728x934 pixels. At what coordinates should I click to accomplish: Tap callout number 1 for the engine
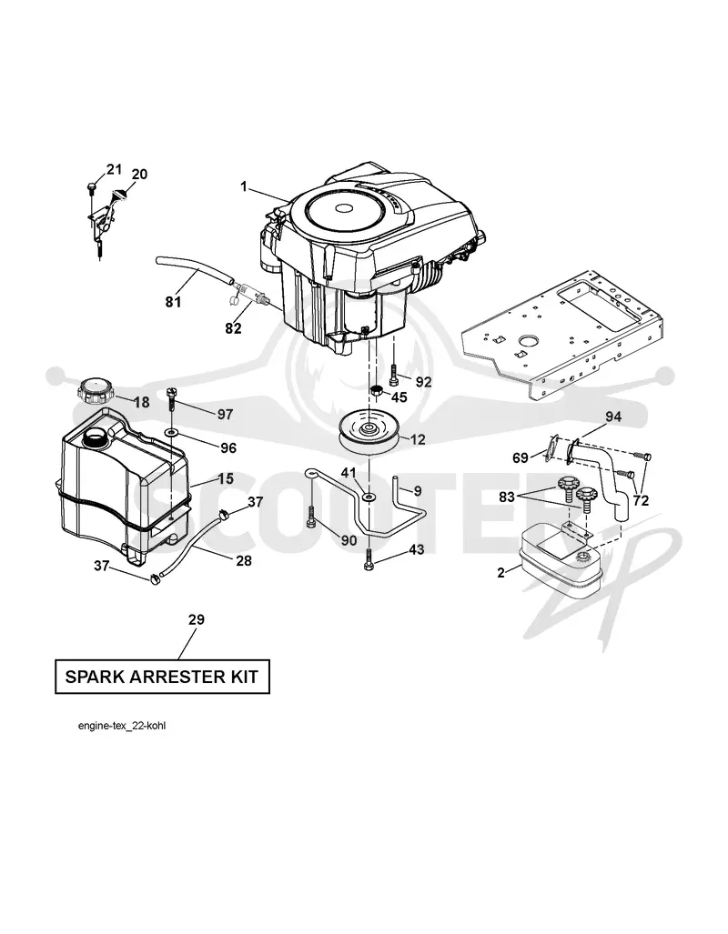pyautogui.click(x=244, y=186)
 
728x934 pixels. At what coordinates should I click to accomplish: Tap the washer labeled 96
pyautogui.click(x=172, y=430)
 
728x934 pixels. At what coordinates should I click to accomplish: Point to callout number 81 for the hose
pyautogui.click(x=173, y=302)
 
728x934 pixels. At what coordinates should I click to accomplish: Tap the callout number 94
pyautogui.click(x=613, y=417)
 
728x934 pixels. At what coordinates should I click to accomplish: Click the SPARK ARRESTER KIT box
pyautogui.click(x=162, y=677)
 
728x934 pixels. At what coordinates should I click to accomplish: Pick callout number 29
pyautogui.click(x=197, y=619)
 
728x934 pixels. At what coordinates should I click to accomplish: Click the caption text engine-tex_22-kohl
pyautogui.click(x=122, y=726)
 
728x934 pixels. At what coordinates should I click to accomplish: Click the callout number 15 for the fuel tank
pyautogui.click(x=226, y=478)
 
